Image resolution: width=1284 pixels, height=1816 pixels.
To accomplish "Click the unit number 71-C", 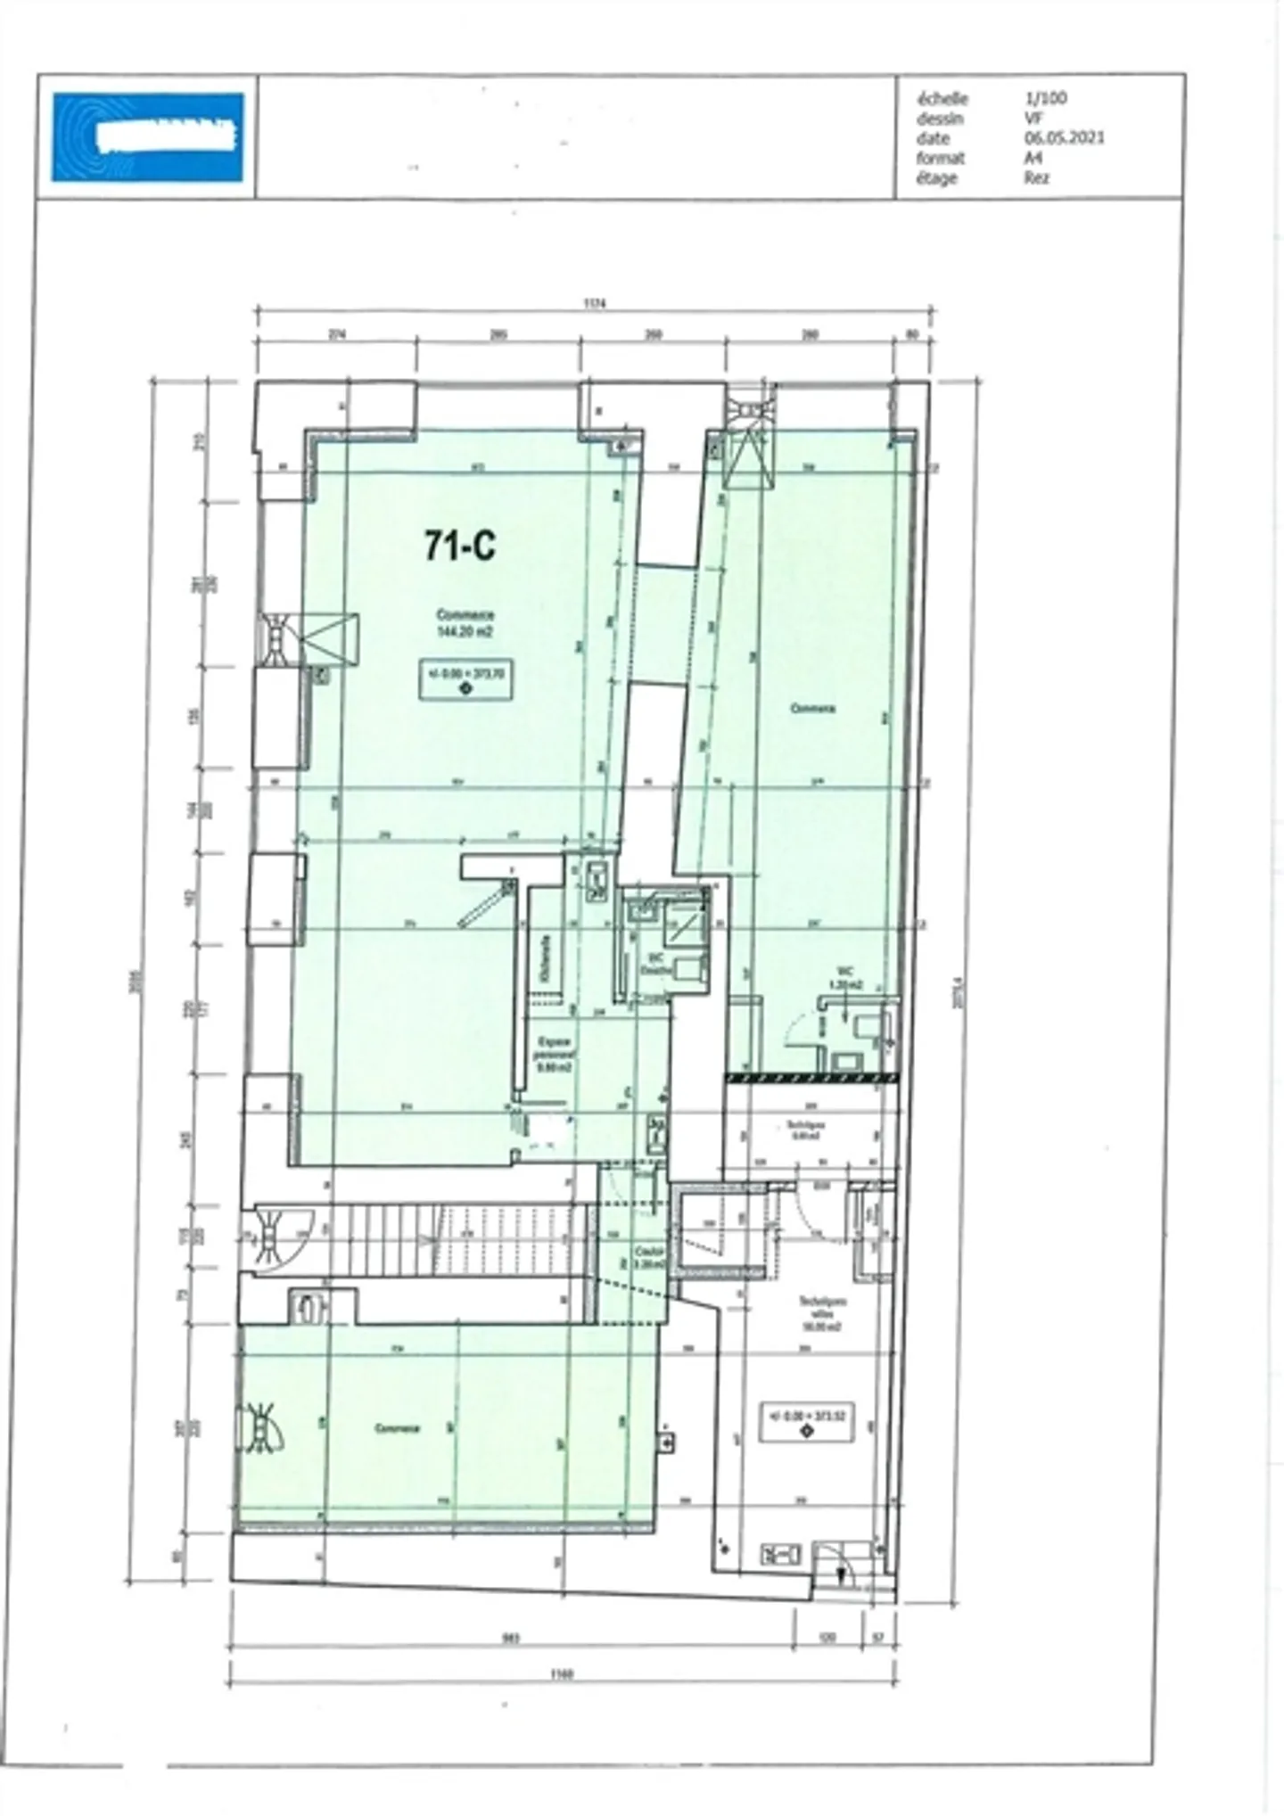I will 459,546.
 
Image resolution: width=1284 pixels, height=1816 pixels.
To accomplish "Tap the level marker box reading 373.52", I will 806,1421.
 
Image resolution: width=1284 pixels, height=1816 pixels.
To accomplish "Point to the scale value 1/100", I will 1045,99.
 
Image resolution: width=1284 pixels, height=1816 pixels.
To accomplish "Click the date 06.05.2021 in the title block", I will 1064,138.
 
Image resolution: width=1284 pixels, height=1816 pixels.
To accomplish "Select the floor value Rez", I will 1036,177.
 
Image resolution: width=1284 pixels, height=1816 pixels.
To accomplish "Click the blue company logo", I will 147,137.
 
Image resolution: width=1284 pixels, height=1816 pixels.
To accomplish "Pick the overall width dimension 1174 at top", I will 595,303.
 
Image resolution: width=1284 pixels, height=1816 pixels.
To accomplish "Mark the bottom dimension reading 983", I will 511,1638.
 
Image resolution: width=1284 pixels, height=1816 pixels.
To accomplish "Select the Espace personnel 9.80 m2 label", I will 552,1054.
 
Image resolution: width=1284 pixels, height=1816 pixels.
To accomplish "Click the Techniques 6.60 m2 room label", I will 805,1130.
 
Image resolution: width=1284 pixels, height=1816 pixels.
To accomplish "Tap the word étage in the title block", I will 936,177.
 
